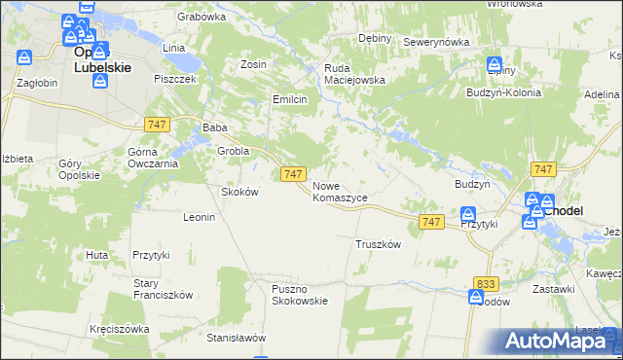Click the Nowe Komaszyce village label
pyautogui.click(x=340, y=191)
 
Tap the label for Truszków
pyautogui.click(x=379, y=245)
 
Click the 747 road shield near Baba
pyautogui.click(x=156, y=124)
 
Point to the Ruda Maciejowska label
pyautogui.click(x=355, y=74)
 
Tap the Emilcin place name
pyautogui.click(x=290, y=99)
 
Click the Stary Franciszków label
pyautogui.click(x=164, y=289)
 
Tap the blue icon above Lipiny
pyautogui.click(x=495, y=59)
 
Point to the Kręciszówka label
pyautogui.click(x=119, y=329)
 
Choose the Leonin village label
pyautogui.click(x=199, y=217)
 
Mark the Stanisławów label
pyautogui.click(x=237, y=338)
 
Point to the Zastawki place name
pyautogui.click(x=554, y=289)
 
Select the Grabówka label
pyautogui.click(x=202, y=17)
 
